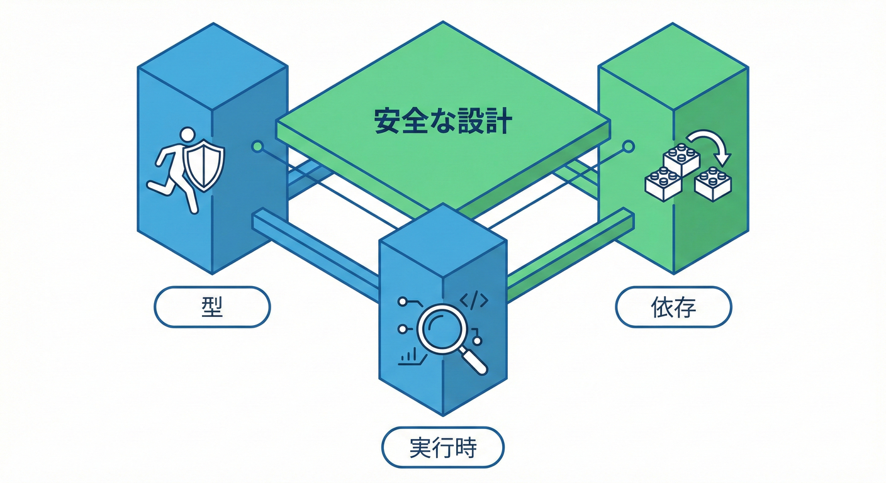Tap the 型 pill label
coord(212,307)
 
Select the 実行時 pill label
coord(443,448)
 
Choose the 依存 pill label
coord(673,307)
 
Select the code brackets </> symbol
coord(474,301)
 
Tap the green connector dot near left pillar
coord(257,147)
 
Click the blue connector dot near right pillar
coord(627,147)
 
